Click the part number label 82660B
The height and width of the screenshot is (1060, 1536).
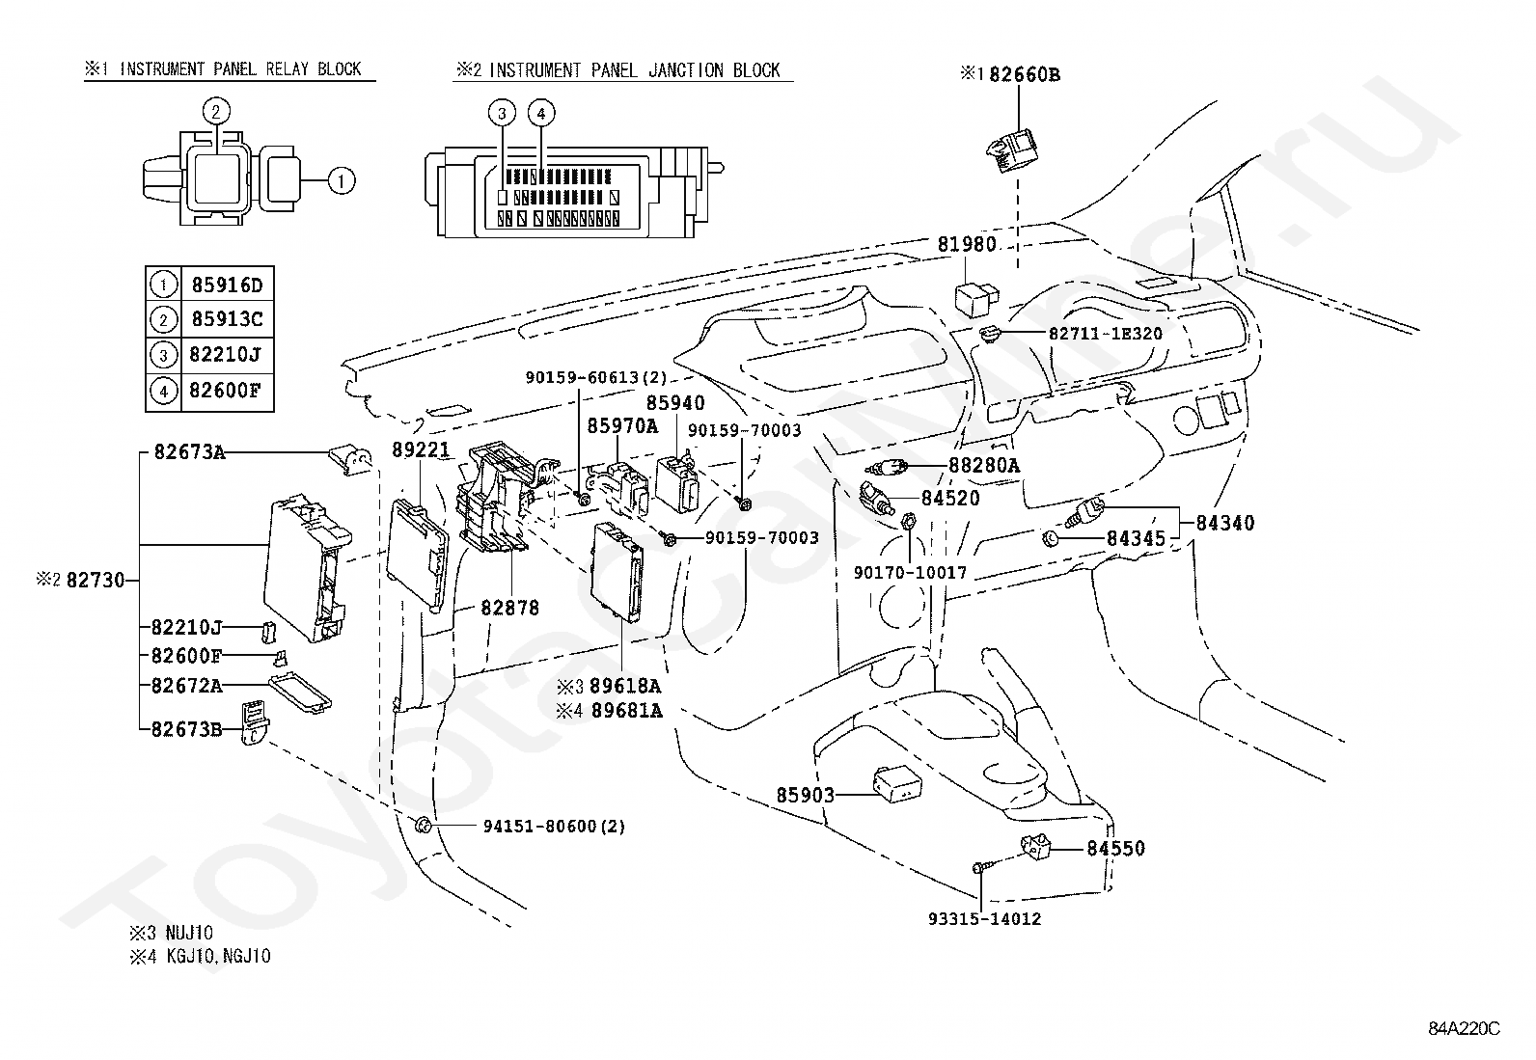[x=1025, y=74]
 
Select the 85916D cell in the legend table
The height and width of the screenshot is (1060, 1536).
[x=227, y=285]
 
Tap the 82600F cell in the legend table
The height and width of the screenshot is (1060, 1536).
[x=226, y=391]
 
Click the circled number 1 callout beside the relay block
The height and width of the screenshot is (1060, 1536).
[x=342, y=181]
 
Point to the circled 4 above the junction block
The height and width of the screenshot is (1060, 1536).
[x=541, y=113]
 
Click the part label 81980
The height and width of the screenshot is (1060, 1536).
[x=967, y=244]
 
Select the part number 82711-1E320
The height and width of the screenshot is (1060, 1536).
[x=1106, y=334]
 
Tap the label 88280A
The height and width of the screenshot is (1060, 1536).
[x=984, y=466]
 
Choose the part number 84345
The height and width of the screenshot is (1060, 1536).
[x=1137, y=539]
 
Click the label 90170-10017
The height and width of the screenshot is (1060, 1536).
[x=910, y=573]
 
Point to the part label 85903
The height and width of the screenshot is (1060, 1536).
[x=805, y=796]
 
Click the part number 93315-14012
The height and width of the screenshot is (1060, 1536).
[x=985, y=919]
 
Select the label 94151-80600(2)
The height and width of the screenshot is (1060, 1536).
[x=554, y=827]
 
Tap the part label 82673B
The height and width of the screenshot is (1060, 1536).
[x=186, y=729]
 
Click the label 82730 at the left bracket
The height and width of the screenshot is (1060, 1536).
[x=96, y=581]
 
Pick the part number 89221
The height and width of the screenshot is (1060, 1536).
[x=421, y=449]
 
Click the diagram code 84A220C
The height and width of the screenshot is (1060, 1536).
[x=1464, y=1029]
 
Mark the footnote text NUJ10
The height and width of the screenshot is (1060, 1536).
[x=189, y=933]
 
